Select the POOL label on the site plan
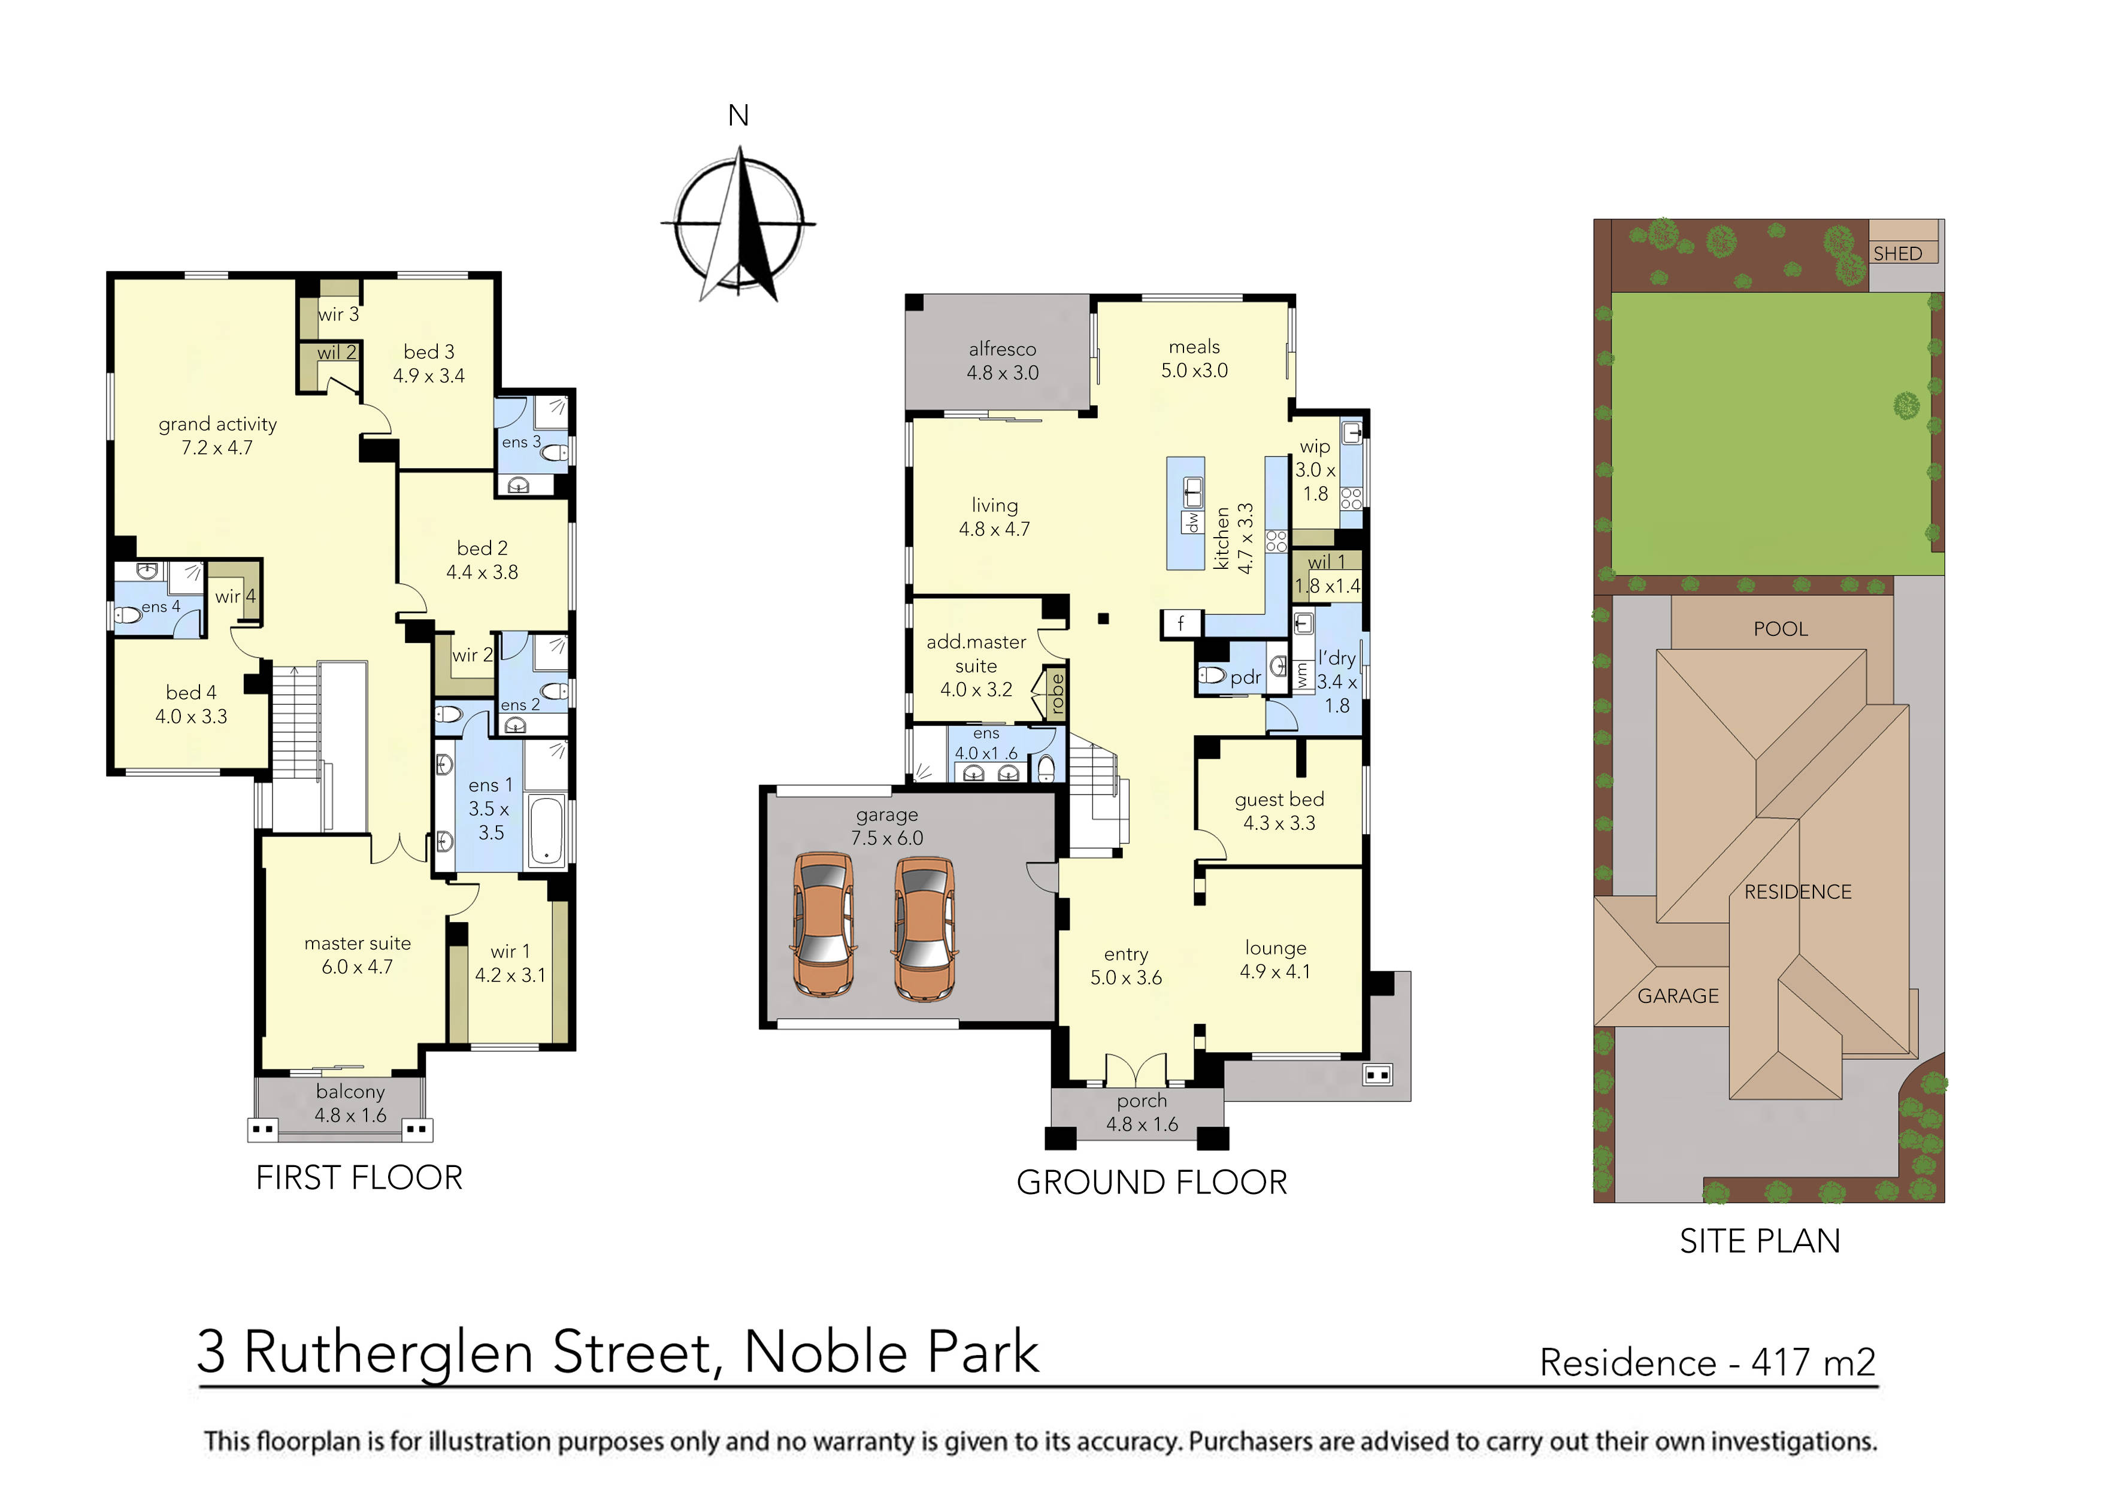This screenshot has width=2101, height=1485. coord(1780,629)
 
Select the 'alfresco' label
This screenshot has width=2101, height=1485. coord(1002,348)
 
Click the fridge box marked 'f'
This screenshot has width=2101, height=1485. coord(1180,623)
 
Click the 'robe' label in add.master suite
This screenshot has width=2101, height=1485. coord(1057,693)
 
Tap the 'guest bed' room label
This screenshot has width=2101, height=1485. coord(1278,800)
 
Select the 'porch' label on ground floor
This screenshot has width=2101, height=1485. coord(1141,1101)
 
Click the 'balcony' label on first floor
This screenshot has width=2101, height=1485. coord(350,1092)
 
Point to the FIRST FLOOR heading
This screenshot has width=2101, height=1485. coord(359,1178)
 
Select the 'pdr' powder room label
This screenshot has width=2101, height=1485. coord(1245,677)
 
